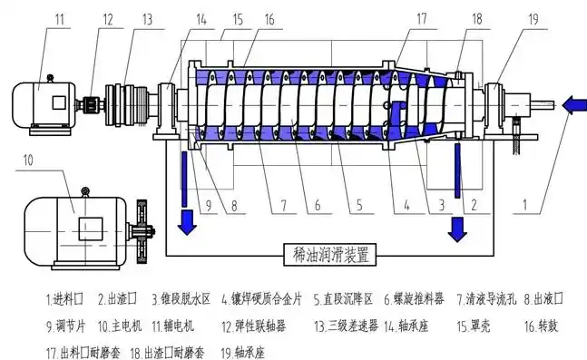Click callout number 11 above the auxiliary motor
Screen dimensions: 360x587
point(60,18)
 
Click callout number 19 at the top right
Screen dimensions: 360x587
point(533,18)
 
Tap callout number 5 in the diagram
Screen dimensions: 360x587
point(359,206)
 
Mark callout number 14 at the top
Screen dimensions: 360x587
point(201,18)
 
